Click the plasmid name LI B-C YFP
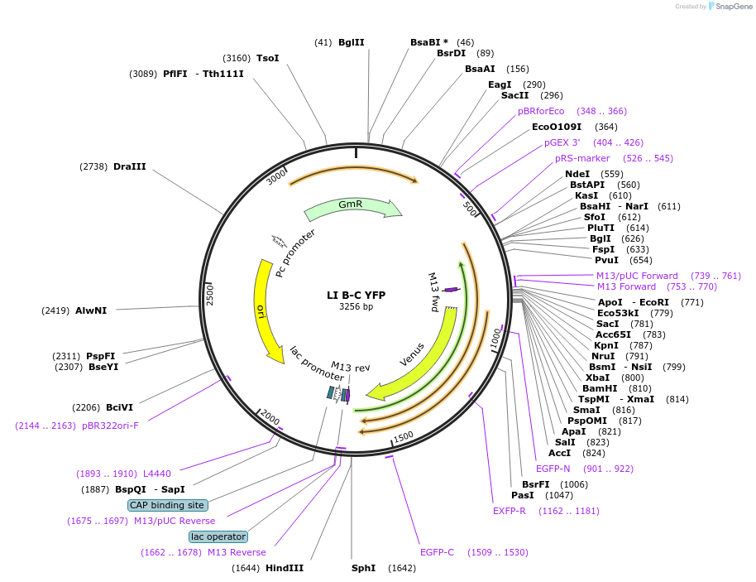point(356,295)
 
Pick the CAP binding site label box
point(167,505)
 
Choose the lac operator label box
point(218,536)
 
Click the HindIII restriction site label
point(285,568)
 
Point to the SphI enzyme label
point(363,568)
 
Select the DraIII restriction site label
point(130,166)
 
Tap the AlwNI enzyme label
point(91,311)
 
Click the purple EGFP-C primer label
point(437,552)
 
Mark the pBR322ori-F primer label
point(110,426)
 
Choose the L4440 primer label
point(156,474)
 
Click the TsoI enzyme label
point(268,58)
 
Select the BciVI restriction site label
point(119,407)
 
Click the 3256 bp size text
point(356,307)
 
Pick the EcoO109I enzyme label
point(557,127)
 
